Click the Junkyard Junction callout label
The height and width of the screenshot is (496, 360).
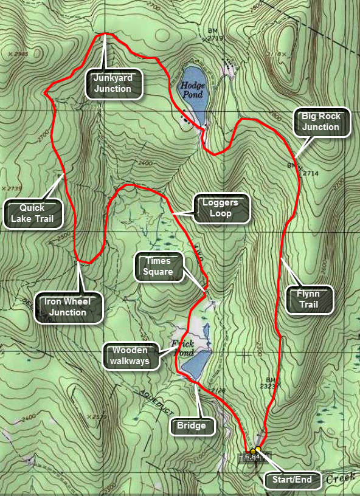point(112,83)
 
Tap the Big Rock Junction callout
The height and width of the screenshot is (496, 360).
point(320,122)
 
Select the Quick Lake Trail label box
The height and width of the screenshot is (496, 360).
point(33,213)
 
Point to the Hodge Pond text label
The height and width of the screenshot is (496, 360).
point(192,90)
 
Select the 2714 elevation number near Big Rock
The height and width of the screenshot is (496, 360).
point(310,173)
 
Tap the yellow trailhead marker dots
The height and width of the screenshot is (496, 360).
point(255,450)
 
